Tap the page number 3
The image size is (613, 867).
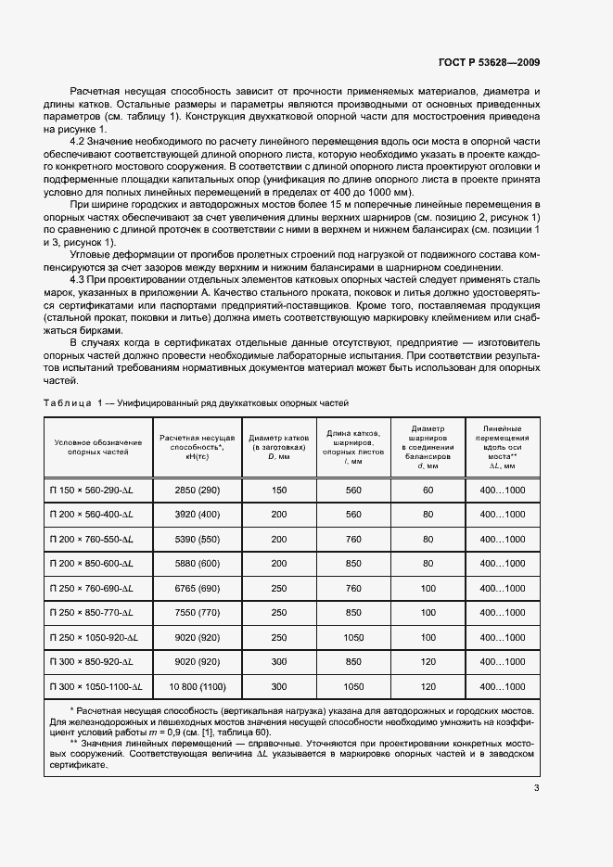pos(537,789)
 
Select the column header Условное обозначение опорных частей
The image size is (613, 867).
pos(92,445)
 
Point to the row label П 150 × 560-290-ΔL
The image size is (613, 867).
pos(92,490)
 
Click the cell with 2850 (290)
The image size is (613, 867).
pos(198,490)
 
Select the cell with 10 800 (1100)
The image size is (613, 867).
pos(198,687)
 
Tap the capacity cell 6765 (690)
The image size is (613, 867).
pos(198,588)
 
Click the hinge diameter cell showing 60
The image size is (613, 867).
pos(428,490)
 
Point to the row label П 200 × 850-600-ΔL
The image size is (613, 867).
pos(92,564)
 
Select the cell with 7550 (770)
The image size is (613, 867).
pos(198,613)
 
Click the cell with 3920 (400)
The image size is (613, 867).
pos(198,514)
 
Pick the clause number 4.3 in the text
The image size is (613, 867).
pos(79,278)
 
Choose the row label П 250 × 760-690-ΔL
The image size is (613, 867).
pos(92,588)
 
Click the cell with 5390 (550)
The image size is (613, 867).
pos(198,539)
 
